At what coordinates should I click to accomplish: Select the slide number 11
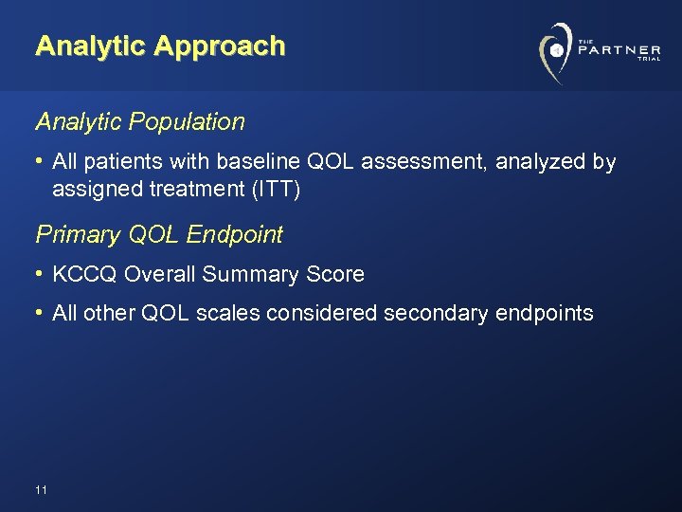coord(40,490)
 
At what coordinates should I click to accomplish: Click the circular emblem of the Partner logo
coord(556,50)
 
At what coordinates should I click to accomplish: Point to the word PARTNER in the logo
coord(619,49)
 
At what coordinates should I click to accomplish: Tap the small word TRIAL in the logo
coord(649,60)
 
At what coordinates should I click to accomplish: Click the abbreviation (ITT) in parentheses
coord(277,190)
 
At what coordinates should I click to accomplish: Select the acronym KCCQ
coord(85,275)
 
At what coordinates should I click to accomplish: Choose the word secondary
coord(436,314)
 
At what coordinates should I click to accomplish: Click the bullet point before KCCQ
coord(41,275)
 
